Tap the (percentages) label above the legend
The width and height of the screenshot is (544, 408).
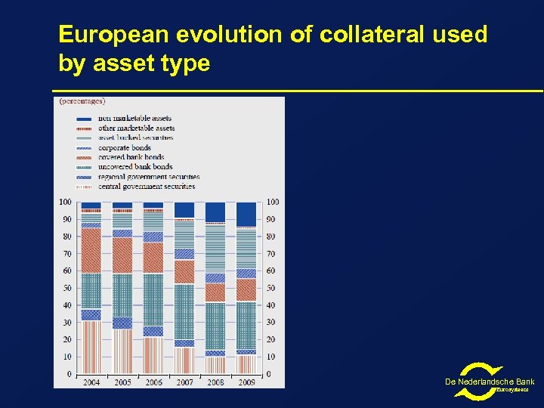pos(82,100)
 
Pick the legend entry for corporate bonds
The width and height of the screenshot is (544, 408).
pos(125,147)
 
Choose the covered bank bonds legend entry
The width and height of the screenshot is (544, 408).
pos(131,157)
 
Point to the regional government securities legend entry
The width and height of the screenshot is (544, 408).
pos(148,176)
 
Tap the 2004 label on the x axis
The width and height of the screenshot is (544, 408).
pos(91,382)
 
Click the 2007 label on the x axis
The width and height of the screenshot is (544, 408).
pos(184,382)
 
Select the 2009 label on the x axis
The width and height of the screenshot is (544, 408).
pos(246,382)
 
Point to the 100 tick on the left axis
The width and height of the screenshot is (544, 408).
pos(65,202)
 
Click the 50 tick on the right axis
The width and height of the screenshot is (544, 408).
pos(271,288)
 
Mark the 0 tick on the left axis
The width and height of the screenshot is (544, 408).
pos(68,374)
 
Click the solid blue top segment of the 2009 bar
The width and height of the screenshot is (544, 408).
pos(246,214)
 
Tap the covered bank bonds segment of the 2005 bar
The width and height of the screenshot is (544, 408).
pos(122,255)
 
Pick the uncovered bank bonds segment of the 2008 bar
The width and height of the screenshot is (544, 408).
pos(215,326)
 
